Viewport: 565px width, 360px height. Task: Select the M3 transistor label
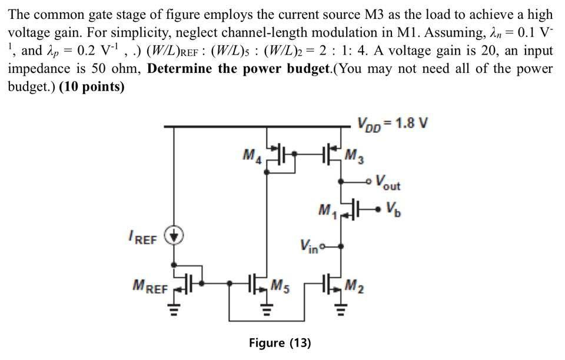(x=354, y=156)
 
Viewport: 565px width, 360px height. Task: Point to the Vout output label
(x=387, y=183)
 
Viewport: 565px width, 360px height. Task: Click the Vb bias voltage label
(x=393, y=208)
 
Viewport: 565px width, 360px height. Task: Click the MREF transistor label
(x=149, y=289)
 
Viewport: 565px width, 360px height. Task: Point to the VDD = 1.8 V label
(x=392, y=124)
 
